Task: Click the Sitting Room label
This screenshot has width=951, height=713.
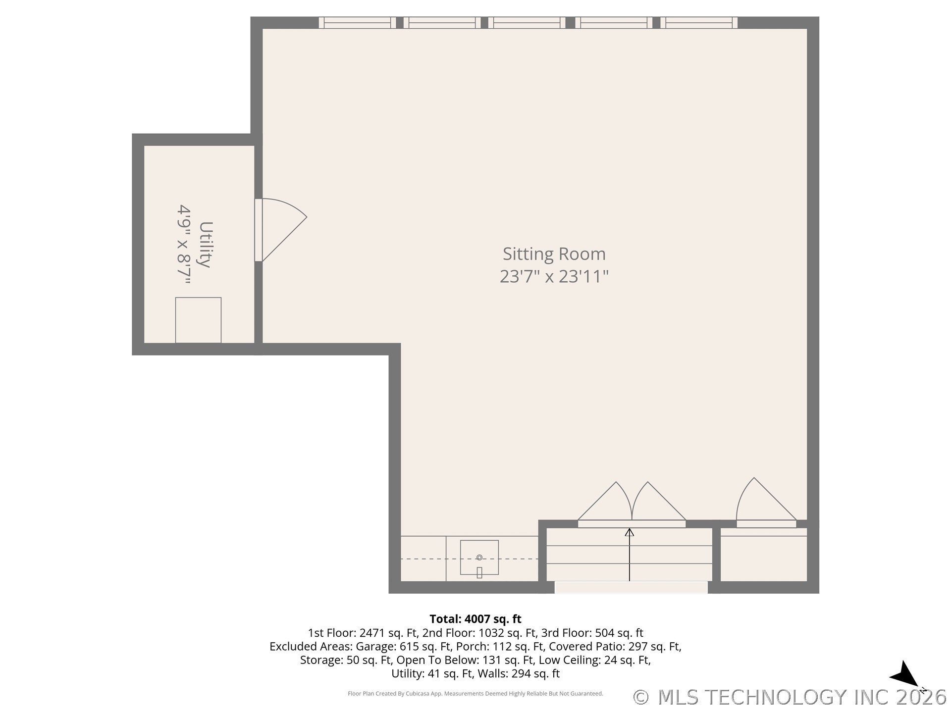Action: pos(554,254)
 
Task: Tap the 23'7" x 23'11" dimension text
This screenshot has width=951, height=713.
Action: pos(554,276)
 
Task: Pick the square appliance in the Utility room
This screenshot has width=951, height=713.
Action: pos(198,320)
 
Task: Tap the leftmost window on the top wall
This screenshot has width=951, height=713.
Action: pos(357,22)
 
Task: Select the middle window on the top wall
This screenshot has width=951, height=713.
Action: pos(527,22)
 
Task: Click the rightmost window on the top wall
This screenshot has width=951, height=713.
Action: pos(698,22)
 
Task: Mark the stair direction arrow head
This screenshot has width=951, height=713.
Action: pos(629,532)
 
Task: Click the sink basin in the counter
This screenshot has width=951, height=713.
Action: pos(479,558)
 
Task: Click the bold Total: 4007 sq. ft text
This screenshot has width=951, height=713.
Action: pos(475,619)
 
